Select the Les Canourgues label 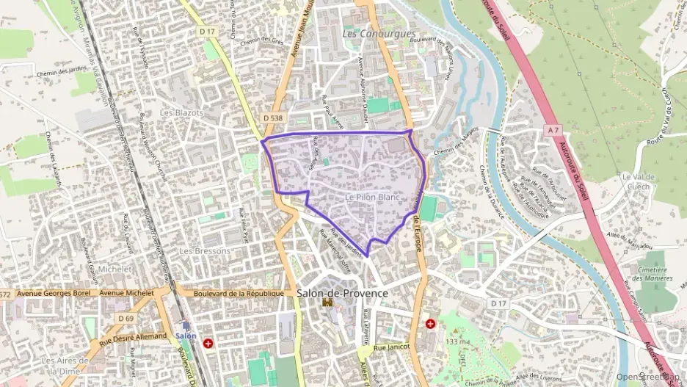[379, 34]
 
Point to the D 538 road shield [272, 117]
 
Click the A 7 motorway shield [553, 130]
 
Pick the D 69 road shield [125, 318]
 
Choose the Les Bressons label [205, 250]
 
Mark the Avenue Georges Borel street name [53, 292]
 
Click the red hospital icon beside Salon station [209, 343]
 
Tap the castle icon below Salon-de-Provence [328, 303]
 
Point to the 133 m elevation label [457, 343]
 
